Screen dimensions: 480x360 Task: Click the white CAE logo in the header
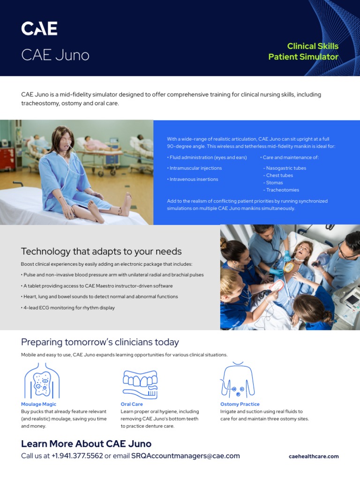coord(39,29)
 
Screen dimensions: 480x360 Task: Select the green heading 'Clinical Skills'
coord(313,46)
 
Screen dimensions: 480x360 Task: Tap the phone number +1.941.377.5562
coord(77,456)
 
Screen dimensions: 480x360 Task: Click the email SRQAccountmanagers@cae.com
coord(185,456)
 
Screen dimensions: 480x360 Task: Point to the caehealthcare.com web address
coord(314,456)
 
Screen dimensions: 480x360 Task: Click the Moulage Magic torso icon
coord(42,381)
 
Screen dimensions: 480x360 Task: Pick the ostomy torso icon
coord(238,381)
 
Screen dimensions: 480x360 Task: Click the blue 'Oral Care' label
coord(132,404)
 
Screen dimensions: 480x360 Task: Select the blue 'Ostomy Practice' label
coord(240,404)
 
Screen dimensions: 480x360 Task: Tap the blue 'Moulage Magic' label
coord(38,404)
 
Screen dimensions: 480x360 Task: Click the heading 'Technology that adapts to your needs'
coord(101,252)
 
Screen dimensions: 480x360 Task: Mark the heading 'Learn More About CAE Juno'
coord(86,444)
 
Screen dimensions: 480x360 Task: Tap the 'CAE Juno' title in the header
coord(55,55)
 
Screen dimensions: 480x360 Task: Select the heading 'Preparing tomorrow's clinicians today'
coord(100,342)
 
